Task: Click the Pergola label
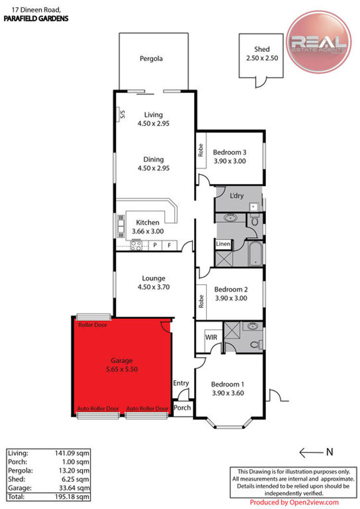151,59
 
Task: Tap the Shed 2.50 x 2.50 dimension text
262,58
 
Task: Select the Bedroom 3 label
229,152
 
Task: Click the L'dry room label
237,196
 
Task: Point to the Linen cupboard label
223,244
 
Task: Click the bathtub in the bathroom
255,254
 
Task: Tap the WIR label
211,337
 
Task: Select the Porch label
182,408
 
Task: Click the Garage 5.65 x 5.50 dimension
122,369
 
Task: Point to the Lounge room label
154,278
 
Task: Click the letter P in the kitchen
155,245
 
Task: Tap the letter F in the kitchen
169,245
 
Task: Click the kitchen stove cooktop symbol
136,245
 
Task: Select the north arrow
312,452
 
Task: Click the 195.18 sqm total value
72,497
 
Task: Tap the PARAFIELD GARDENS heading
36,19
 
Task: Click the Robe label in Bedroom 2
201,301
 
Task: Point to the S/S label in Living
122,114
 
